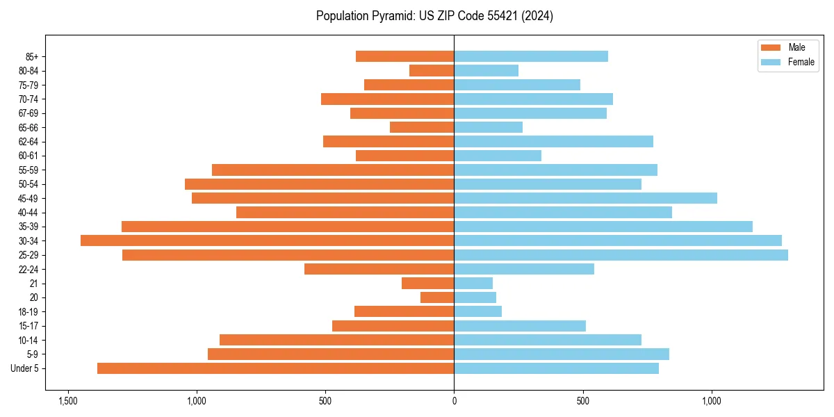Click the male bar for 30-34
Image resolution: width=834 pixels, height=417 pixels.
pos(268,240)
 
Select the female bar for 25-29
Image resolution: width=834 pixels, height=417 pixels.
pos(621,255)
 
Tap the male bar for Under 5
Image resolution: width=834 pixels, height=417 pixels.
pos(276,368)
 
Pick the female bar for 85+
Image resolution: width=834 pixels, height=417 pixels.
pos(531,56)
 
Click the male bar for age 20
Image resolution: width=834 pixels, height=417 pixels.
pos(437,297)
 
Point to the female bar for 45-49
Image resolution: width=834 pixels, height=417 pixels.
pos(585,198)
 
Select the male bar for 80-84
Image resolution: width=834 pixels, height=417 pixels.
pos(432,70)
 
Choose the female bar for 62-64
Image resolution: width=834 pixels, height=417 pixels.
pos(553,142)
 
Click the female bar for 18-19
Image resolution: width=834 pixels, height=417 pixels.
pos(477,311)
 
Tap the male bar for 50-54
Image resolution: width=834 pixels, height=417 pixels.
pos(320,184)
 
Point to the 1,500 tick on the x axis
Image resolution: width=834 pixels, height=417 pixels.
pos(68,402)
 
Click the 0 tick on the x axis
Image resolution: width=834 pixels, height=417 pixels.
pos(454,402)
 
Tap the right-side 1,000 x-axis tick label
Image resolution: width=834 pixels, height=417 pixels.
pos(712,402)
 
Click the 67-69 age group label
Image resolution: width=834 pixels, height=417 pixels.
pos(28,113)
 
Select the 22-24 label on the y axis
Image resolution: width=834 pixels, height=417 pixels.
pos(28,269)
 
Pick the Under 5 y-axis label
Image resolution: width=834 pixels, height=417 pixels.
pos(25,368)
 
